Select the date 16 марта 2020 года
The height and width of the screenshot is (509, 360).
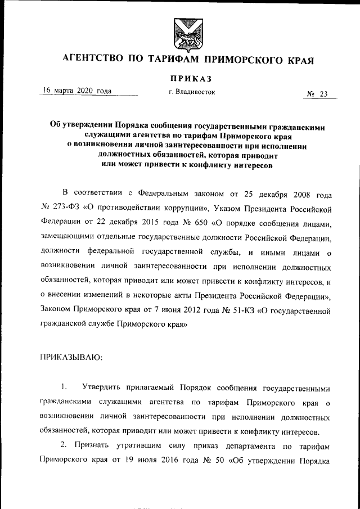tap(77, 91)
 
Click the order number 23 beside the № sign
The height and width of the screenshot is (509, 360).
tap(323, 94)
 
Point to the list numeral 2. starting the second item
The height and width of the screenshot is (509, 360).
tap(64, 446)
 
